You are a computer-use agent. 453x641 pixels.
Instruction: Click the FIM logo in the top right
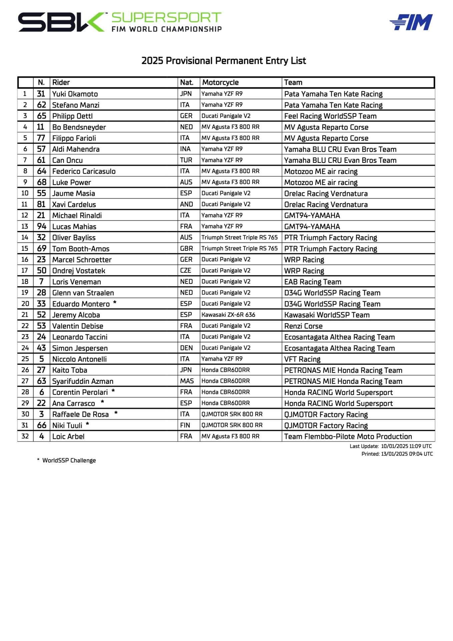pos(411,22)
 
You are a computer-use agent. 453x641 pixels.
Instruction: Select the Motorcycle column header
pos(220,82)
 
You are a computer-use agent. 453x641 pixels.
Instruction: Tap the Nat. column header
pos(187,82)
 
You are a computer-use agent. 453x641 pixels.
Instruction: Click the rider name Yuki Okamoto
pos(75,94)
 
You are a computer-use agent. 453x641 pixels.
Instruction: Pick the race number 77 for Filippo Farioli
pos(41,138)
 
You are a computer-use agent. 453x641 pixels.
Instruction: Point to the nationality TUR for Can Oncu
pos(186,160)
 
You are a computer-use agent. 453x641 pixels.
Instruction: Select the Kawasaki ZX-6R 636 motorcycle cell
pos(228,314)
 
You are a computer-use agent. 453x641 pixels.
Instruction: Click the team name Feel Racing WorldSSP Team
pos(330,116)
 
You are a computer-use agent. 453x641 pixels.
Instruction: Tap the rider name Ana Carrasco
pos(74,403)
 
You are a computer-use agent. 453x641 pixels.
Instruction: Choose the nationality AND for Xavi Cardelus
pos(186,204)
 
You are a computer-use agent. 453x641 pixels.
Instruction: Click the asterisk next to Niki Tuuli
pos(87,424)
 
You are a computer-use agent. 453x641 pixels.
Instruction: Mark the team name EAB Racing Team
pos(313,281)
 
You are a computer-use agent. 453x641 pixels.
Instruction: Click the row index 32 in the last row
pos(25,436)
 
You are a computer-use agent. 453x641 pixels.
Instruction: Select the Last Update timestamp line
pos(391,446)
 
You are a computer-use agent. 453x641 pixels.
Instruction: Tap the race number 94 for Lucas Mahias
pos(41,226)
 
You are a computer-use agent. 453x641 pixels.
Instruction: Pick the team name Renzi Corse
pos(303,326)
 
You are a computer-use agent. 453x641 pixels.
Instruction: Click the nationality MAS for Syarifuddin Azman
pos(187,381)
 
